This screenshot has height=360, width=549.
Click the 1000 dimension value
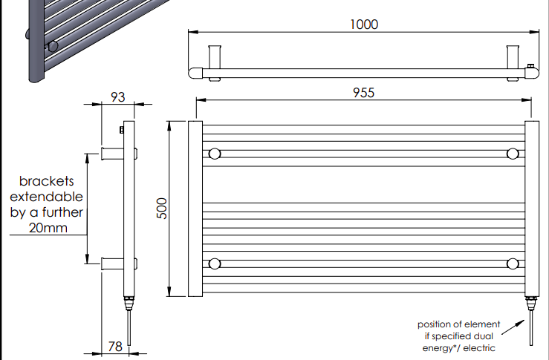click(364, 24)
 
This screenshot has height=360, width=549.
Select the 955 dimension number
click(364, 93)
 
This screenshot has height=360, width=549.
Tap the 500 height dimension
click(162, 208)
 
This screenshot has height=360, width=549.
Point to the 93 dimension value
click(117, 97)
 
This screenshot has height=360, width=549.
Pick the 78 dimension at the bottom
click(115, 347)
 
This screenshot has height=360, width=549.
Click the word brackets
click(47, 181)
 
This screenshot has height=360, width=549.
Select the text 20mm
click(48, 228)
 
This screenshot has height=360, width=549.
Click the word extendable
click(46, 197)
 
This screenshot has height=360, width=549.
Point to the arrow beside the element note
click(513, 327)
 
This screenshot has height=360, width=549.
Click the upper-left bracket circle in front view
click(215, 154)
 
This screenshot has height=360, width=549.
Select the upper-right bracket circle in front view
click(513, 154)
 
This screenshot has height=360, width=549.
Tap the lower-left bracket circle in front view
click(215, 264)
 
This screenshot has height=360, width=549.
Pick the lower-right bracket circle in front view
click(513, 264)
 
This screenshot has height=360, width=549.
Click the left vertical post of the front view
click(195, 209)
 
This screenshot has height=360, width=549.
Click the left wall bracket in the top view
click(215, 63)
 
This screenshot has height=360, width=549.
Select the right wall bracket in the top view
click(513, 63)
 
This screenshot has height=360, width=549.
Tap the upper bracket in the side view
click(112, 154)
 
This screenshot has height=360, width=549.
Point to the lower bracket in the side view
click(112, 264)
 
